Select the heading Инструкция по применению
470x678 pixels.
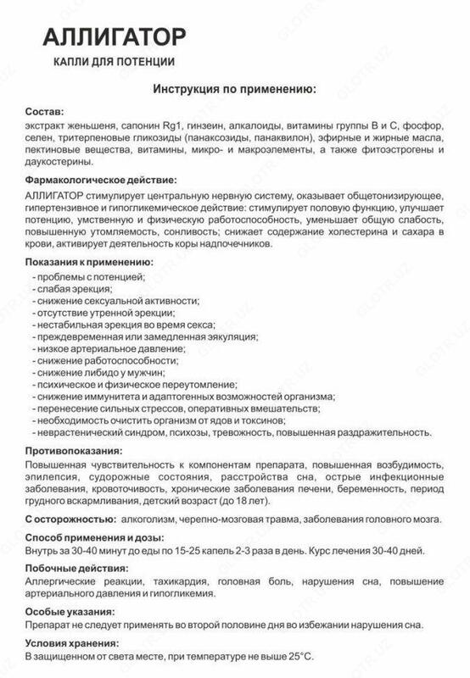pos(235,88)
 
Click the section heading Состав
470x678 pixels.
pos(44,114)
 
